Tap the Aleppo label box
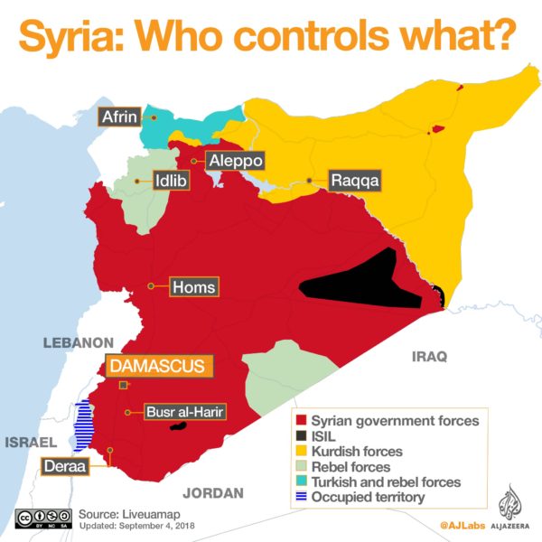coord(235,161)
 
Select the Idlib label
coord(172,180)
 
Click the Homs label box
coord(193,287)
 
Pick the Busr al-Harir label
coord(184,412)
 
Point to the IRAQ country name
coord(429,357)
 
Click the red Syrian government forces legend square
coord(302,420)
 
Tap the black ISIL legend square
coord(302,435)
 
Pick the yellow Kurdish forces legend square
coord(302,451)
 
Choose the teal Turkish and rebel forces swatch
coord(302,481)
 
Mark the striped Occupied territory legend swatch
coord(302,497)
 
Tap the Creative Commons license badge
coord(42,518)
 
